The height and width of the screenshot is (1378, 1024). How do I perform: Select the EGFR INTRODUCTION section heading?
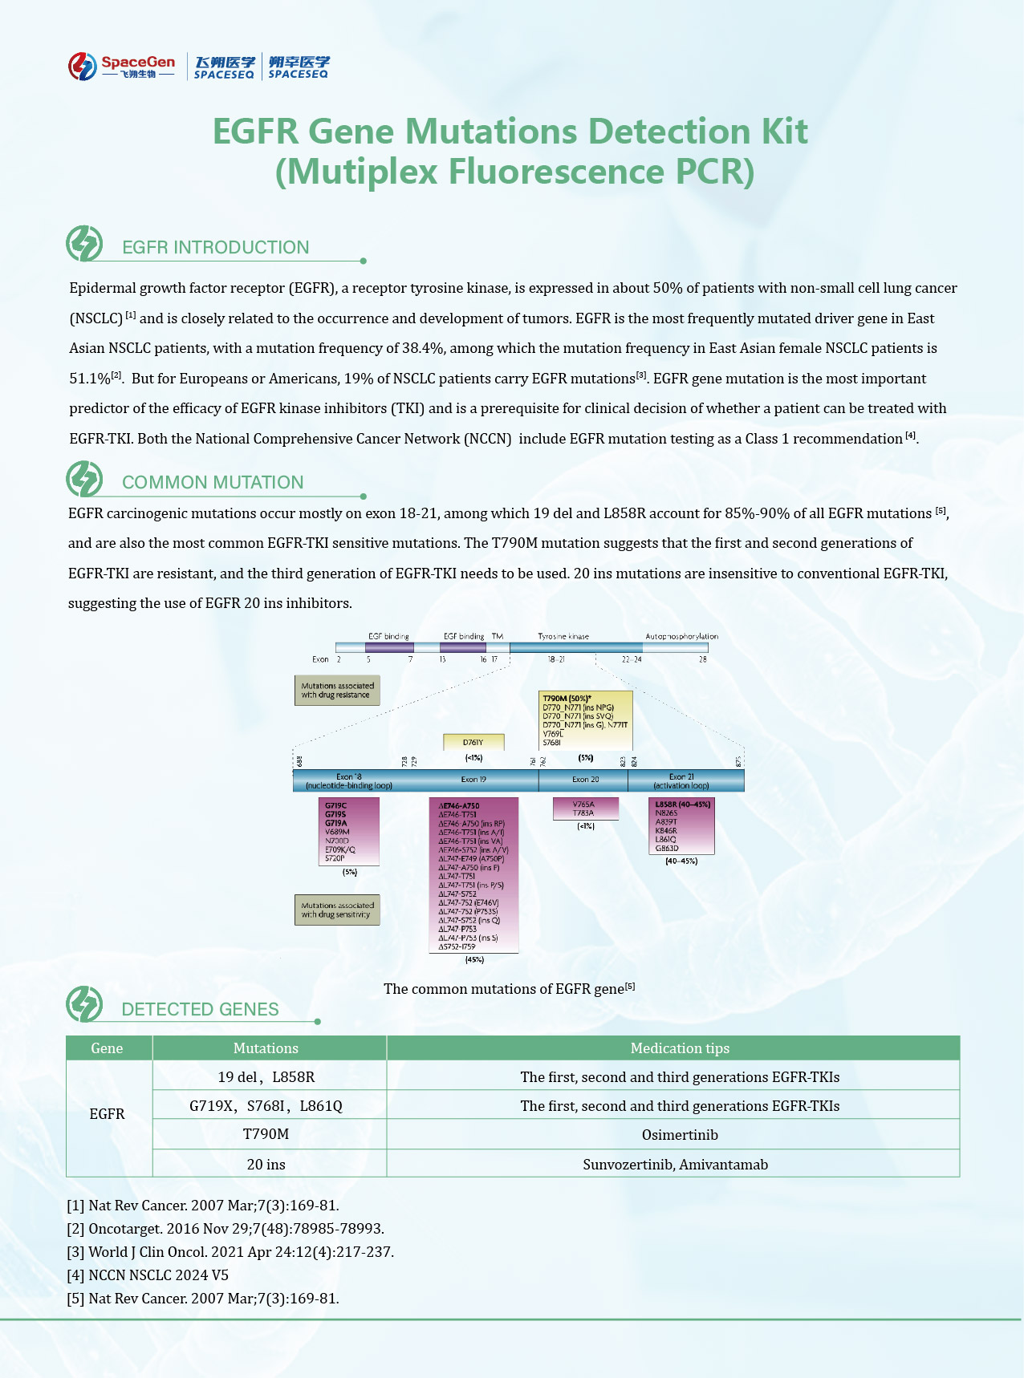pos(215,247)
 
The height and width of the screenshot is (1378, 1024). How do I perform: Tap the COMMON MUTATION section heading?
pos(213,482)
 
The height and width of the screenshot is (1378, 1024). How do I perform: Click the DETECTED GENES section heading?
pos(200,1009)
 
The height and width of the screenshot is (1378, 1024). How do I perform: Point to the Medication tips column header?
pos(680,1048)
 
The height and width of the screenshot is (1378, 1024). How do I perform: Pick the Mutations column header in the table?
pos(266,1048)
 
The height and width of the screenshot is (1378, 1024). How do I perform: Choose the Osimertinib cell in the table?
pos(680,1135)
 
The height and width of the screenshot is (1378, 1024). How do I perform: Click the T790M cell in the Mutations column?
pos(266,1134)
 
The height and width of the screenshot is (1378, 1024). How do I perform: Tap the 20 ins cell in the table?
pos(266,1165)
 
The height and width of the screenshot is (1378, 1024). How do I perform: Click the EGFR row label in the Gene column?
pos(107,1114)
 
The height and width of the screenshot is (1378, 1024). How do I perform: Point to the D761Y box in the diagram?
pos(473,742)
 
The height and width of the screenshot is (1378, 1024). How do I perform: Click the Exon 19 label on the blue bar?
pos(473,780)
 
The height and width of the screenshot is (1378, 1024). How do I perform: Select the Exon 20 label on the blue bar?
pos(585,780)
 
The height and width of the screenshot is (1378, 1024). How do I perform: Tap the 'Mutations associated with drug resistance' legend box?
pos(337,691)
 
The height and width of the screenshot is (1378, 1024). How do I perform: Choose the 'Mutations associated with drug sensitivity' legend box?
pos(337,910)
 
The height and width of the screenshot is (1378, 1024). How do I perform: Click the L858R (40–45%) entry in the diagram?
pos(682,805)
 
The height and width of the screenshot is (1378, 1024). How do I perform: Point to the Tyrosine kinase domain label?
pos(563,637)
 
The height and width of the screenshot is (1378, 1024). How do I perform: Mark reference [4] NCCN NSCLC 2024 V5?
pos(148,1275)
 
